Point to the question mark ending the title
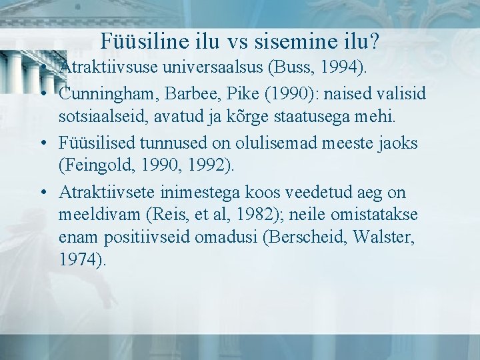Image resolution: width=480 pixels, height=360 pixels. tap(375, 41)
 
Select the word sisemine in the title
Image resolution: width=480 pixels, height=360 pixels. tap(295, 41)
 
